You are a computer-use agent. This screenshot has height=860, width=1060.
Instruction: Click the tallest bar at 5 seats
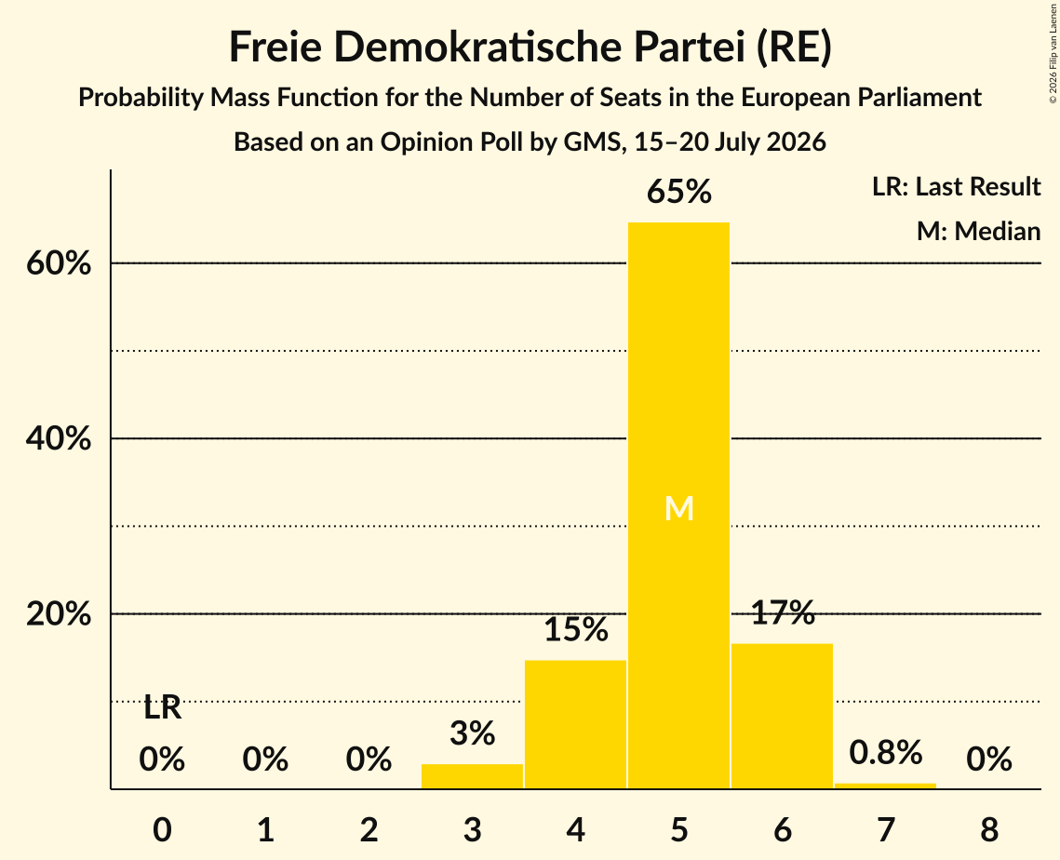(678, 505)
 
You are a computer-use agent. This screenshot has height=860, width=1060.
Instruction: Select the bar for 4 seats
(575, 724)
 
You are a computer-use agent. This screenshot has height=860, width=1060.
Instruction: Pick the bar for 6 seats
(782, 716)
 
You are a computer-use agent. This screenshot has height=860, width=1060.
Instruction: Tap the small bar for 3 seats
(472, 776)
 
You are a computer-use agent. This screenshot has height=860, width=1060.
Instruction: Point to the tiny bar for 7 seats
(886, 786)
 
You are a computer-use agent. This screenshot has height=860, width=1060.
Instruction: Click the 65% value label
(678, 192)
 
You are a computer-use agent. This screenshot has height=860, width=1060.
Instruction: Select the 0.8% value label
(886, 752)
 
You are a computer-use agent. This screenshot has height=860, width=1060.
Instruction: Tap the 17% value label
(782, 611)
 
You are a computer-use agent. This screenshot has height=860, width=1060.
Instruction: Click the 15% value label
(575, 629)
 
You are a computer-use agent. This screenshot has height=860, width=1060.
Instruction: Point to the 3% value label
(472, 732)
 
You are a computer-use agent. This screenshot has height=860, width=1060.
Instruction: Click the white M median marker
(678, 508)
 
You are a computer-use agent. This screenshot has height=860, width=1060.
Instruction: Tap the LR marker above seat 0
(162, 708)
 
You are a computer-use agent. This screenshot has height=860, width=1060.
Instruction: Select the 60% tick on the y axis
(58, 263)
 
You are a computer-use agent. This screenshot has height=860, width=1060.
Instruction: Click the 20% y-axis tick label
(58, 614)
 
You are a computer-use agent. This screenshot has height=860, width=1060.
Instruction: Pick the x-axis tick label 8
(989, 829)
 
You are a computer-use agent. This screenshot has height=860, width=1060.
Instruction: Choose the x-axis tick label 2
(369, 829)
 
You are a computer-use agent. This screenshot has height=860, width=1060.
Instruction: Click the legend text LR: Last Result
(956, 186)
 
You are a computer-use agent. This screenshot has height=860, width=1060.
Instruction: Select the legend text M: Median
(978, 231)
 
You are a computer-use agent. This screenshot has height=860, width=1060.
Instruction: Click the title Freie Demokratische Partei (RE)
(530, 47)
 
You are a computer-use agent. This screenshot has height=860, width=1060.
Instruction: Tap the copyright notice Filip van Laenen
(1053, 53)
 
